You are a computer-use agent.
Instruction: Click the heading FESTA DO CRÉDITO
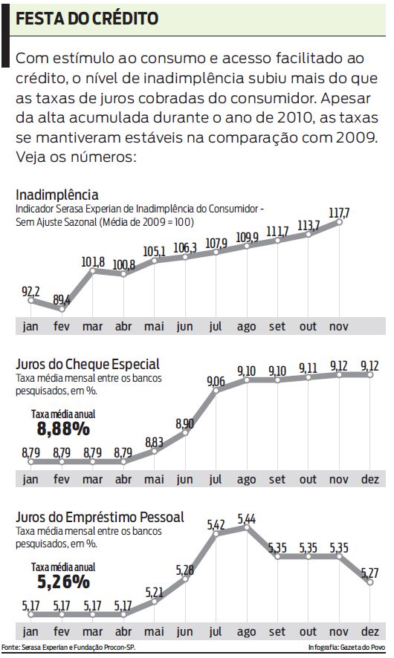click(x=88, y=19)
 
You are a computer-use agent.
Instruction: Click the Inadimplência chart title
click(x=56, y=195)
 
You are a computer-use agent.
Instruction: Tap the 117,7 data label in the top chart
click(x=340, y=213)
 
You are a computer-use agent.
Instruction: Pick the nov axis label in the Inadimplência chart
click(x=339, y=326)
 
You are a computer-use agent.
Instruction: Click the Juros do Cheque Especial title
click(x=87, y=364)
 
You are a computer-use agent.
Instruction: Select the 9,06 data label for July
click(x=216, y=381)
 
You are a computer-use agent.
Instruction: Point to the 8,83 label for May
click(x=154, y=441)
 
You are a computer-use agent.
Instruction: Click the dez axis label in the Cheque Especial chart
click(x=369, y=479)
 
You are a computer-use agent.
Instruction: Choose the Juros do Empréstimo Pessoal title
click(x=100, y=517)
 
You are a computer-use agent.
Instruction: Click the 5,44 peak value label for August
click(x=247, y=519)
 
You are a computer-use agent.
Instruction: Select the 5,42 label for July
click(x=216, y=525)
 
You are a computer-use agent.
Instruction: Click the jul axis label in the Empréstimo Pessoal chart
click(x=216, y=632)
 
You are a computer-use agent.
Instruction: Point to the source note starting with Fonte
click(x=68, y=648)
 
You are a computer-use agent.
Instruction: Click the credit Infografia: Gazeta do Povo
click(x=345, y=648)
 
